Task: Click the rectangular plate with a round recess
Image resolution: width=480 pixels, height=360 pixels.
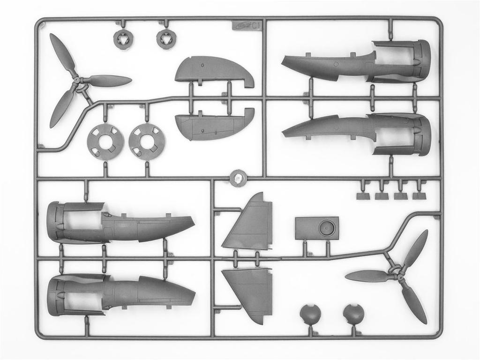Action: pyautogui.click(x=317, y=228)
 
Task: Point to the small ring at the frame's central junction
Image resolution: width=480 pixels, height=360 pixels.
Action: pyautogui.click(x=238, y=178)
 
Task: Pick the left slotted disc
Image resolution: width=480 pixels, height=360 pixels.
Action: pyautogui.click(x=105, y=142)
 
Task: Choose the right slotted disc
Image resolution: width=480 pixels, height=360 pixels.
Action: pyautogui.click(x=147, y=142)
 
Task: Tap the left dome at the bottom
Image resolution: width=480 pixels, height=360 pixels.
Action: pyautogui.click(x=310, y=315)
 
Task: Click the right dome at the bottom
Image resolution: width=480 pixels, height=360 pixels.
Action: pyautogui.click(x=353, y=315)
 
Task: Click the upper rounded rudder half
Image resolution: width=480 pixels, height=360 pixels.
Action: pyautogui.click(x=213, y=71)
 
